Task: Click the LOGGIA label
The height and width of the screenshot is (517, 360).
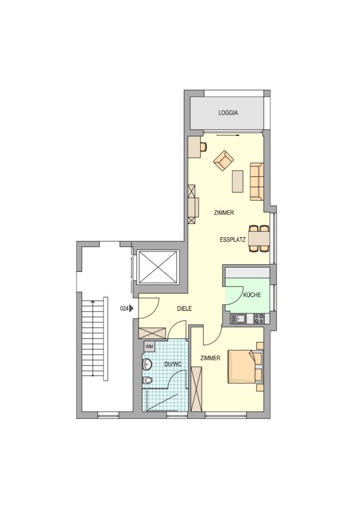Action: tap(228, 113)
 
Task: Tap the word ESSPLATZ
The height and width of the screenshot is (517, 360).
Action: tap(233, 240)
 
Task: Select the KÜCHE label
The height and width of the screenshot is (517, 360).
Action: tap(252, 295)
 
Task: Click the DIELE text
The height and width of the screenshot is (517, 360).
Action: tap(184, 309)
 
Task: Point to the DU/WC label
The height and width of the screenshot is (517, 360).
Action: tap(173, 364)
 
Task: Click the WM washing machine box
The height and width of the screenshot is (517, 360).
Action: tap(149, 346)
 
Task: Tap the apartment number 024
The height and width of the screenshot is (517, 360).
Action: tap(124, 309)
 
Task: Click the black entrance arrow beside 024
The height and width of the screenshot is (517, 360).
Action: tap(131, 309)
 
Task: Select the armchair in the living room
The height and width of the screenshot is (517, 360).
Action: tap(223, 161)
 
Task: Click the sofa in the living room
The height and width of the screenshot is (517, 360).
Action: tap(257, 182)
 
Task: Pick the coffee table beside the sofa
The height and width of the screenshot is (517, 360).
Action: tap(238, 181)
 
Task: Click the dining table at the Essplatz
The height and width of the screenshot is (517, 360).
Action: tap(259, 238)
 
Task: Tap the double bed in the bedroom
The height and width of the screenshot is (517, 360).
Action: tap(246, 367)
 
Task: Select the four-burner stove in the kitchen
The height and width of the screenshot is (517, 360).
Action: tap(259, 318)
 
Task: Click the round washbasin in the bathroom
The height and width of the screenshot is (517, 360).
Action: tap(147, 364)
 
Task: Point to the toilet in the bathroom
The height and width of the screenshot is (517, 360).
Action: tap(148, 380)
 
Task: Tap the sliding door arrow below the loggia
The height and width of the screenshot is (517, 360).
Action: tap(228, 135)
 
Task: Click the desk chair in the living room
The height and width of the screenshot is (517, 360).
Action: tap(203, 146)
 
